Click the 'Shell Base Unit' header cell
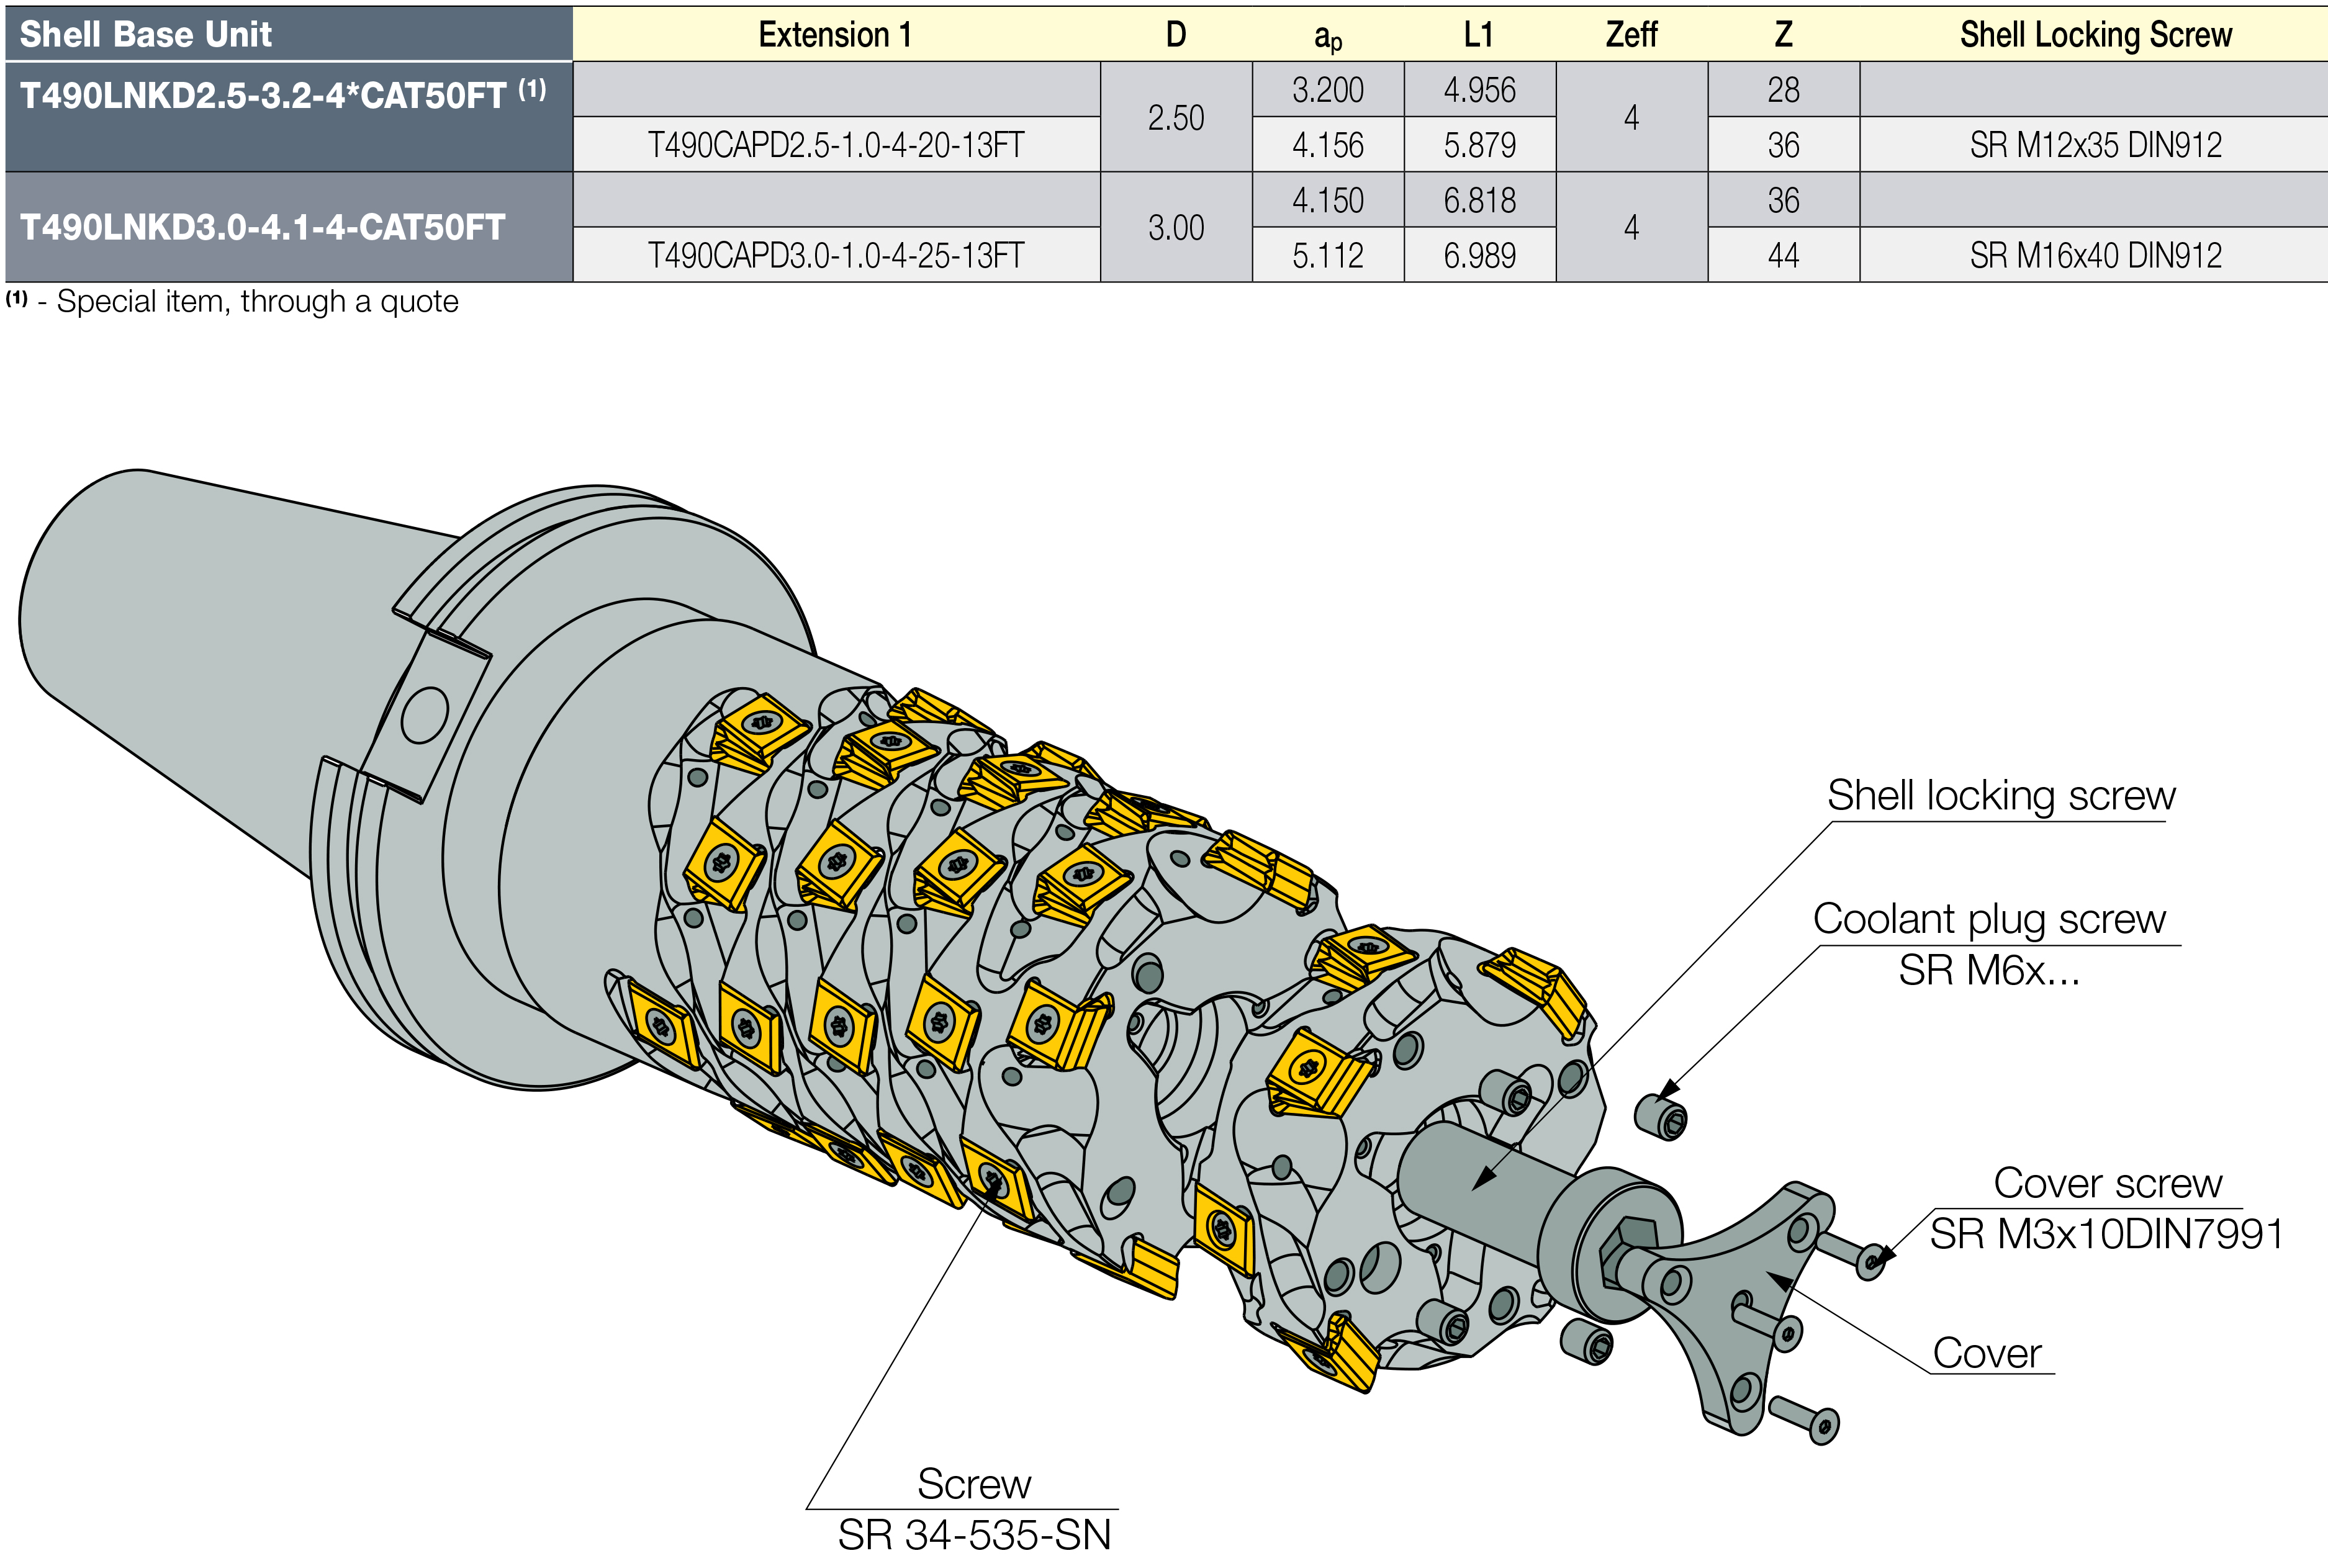[x=146, y=35]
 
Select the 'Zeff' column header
[x=1631, y=35]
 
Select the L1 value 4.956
[x=1479, y=91]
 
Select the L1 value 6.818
[x=1479, y=200]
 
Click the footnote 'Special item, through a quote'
[x=256, y=302]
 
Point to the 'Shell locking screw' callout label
[x=2000, y=796]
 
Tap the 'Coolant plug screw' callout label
[x=1988, y=919]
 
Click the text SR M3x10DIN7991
[x=2105, y=1235]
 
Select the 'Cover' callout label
[x=1987, y=1353]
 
